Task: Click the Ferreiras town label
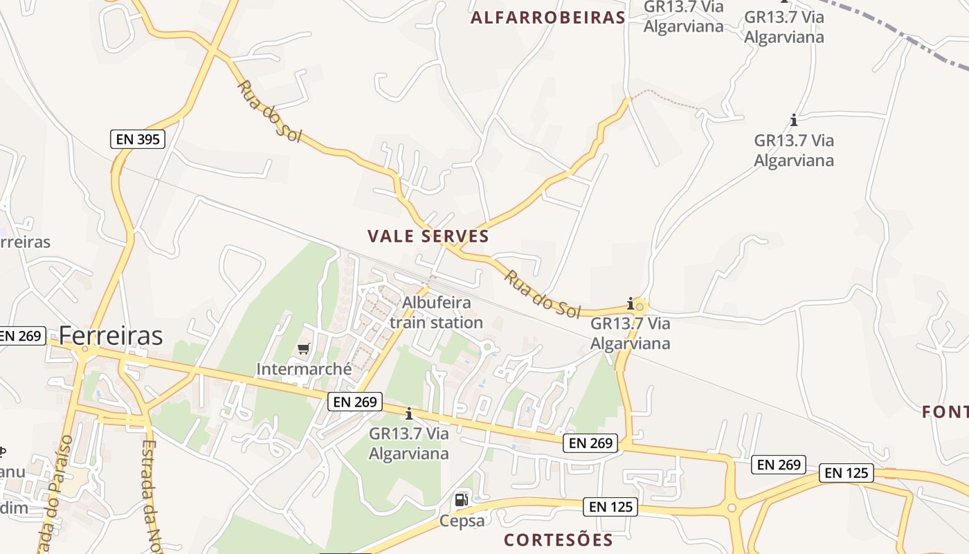pos(111,336)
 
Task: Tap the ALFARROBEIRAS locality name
pos(547,18)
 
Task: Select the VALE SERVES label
pos(428,236)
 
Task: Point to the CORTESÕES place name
pos(558,540)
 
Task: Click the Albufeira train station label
pos(436,312)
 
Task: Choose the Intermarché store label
pos(304,369)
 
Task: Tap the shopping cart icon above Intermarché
pos(304,348)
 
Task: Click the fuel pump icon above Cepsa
pos(461,500)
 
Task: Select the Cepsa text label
pos(462,521)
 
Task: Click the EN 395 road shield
pos(138,139)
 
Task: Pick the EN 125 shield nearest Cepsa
pos(610,507)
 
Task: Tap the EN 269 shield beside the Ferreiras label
pos(21,337)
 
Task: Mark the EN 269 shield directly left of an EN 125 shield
pos(779,465)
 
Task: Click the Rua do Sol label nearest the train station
pos(542,294)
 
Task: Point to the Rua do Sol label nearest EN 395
pos(269,111)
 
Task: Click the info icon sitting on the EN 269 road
pos(409,413)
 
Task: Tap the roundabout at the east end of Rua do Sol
pos(640,305)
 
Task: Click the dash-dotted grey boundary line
pos(900,33)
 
